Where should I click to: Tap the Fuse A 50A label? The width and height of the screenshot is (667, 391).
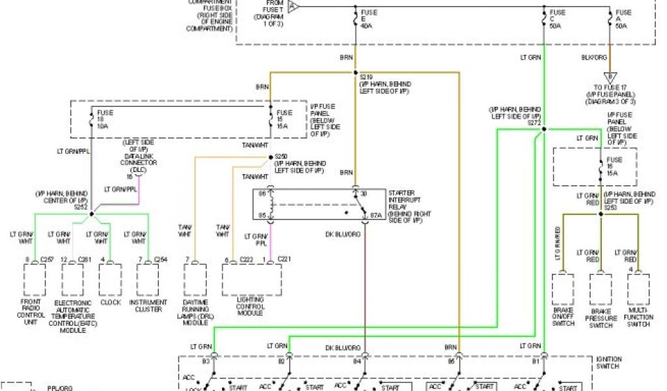click(622, 20)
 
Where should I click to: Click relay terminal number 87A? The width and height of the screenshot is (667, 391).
click(375, 215)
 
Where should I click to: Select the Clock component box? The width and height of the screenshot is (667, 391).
click(110, 280)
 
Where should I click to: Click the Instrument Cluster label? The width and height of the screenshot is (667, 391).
click(148, 306)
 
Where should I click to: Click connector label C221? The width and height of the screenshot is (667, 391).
click(284, 259)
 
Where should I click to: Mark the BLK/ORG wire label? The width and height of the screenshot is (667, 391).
click(594, 57)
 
